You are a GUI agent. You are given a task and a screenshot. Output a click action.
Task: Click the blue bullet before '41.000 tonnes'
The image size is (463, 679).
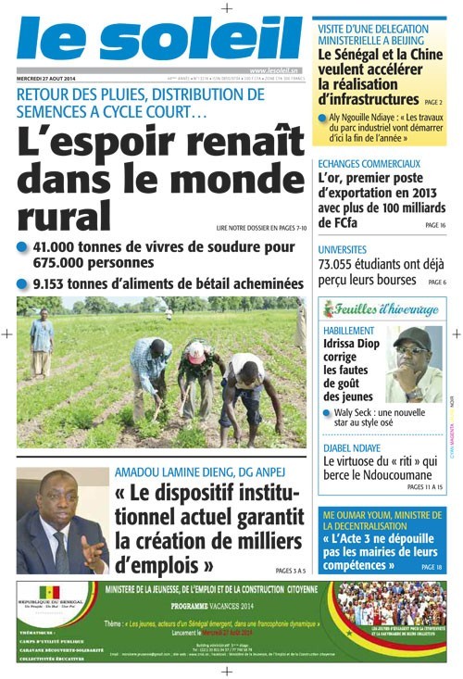pos(22,247)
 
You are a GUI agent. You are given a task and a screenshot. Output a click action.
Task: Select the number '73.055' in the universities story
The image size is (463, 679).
pos(341,265)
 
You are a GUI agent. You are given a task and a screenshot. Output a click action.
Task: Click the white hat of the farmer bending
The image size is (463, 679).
pos(196,350)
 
